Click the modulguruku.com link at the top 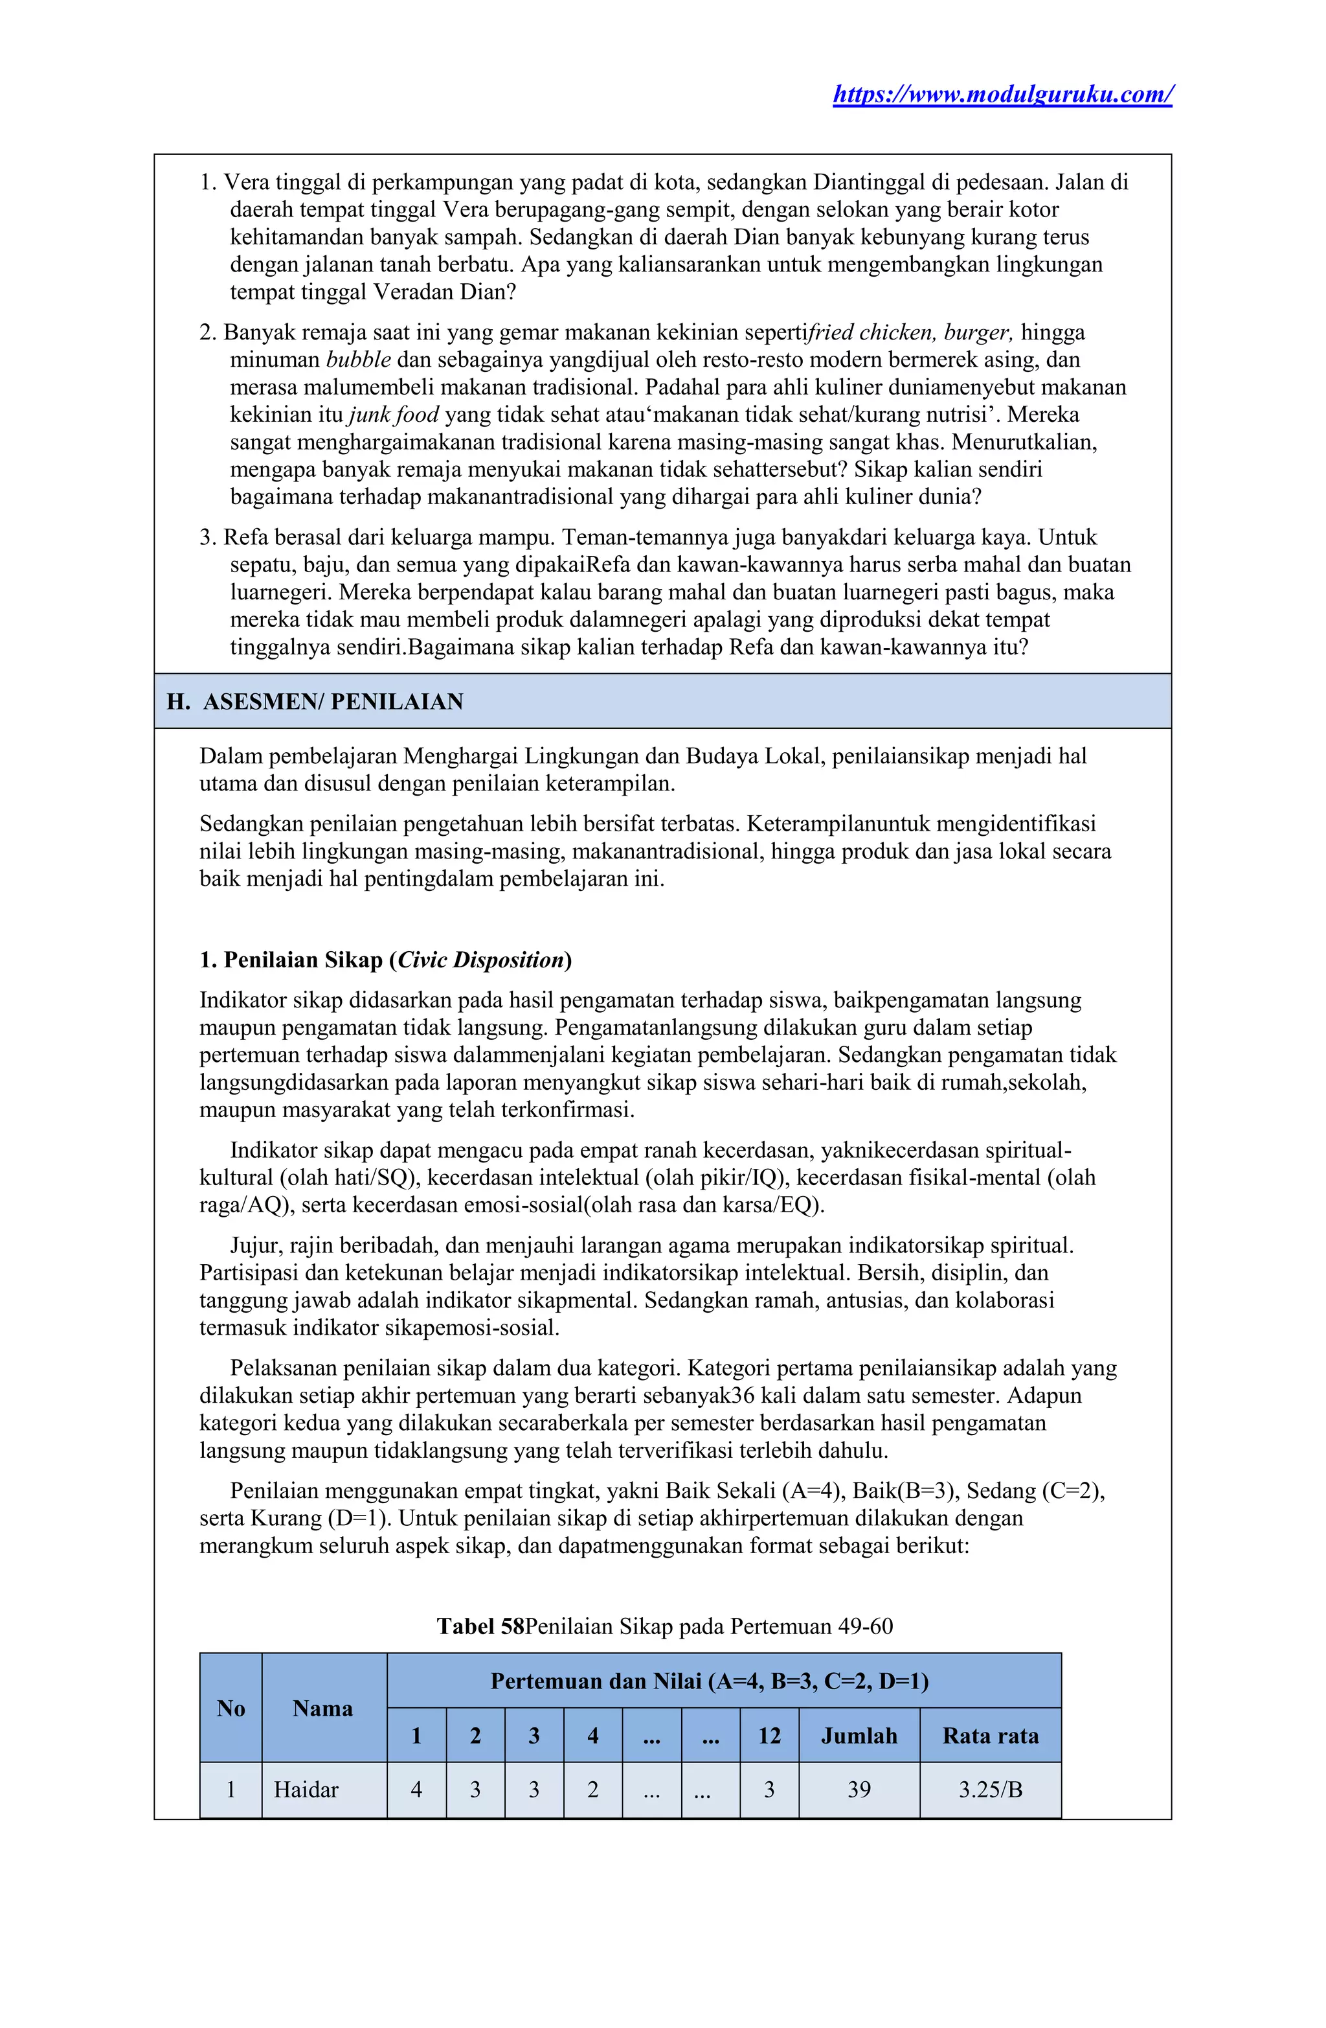point(1002,94)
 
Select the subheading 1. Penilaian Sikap point(385,960)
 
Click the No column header point(230,1708)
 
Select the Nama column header point(323,1708)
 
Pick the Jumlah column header point(859,1736)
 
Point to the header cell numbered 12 point(769,1736)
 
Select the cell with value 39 point(859,1790)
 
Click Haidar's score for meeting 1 point(416,1790)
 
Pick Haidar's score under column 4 point(592,1790)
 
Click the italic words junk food point(394,415)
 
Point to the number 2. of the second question point(208,332)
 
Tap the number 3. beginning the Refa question point(208,538)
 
